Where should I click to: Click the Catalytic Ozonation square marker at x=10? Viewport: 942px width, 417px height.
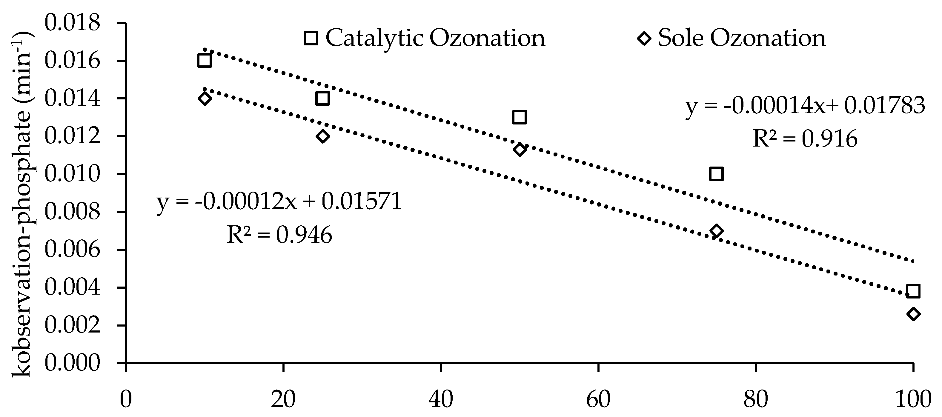pos(204,60)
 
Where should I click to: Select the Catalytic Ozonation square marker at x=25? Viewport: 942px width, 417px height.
pos(322,98)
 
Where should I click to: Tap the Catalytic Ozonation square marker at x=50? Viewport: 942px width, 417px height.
pos(519,117)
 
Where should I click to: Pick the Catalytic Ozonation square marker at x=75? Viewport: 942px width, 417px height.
pos(716,174)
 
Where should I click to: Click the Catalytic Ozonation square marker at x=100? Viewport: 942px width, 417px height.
pos(913,291)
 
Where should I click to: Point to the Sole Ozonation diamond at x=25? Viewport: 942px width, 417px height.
pos(322,136)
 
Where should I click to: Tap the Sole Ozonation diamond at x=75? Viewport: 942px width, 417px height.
pos(716,231)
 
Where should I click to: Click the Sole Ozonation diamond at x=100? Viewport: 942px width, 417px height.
pos(913,314)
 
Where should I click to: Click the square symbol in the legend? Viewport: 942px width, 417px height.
pos(311,38)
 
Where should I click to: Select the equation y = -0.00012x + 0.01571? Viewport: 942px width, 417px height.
pos(279,202)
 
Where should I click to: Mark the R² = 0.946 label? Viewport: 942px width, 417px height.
pos(279,235)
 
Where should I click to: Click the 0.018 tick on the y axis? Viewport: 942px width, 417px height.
pos(72,23)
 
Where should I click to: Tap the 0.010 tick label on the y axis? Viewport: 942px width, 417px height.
pos(72,174)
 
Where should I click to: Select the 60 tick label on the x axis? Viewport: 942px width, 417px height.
pos(598,399)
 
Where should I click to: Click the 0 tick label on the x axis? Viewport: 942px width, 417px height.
pos(126,399)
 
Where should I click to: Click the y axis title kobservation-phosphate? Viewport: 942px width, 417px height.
pos(23,205)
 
